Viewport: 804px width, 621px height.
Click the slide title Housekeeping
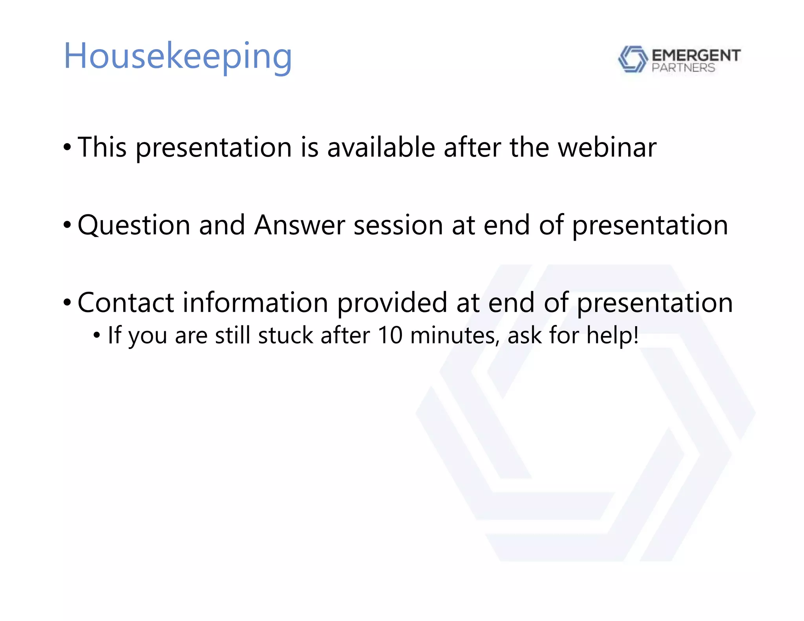[178, 57]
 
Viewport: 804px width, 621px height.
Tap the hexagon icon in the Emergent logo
[632, 59]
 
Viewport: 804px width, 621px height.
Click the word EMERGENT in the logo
[696, 55]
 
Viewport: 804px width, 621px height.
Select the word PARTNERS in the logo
[683, 68]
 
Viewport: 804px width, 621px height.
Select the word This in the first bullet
[102, 147]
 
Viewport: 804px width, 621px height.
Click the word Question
[134, 225]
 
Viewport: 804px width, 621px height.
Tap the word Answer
[299, 225]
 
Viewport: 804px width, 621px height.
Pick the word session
[398, 225]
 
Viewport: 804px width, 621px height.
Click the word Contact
[126, 303]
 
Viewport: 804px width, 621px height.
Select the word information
[256, 303]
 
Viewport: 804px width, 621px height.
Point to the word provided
[392, 303]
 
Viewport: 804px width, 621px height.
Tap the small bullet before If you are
[97, 335]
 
